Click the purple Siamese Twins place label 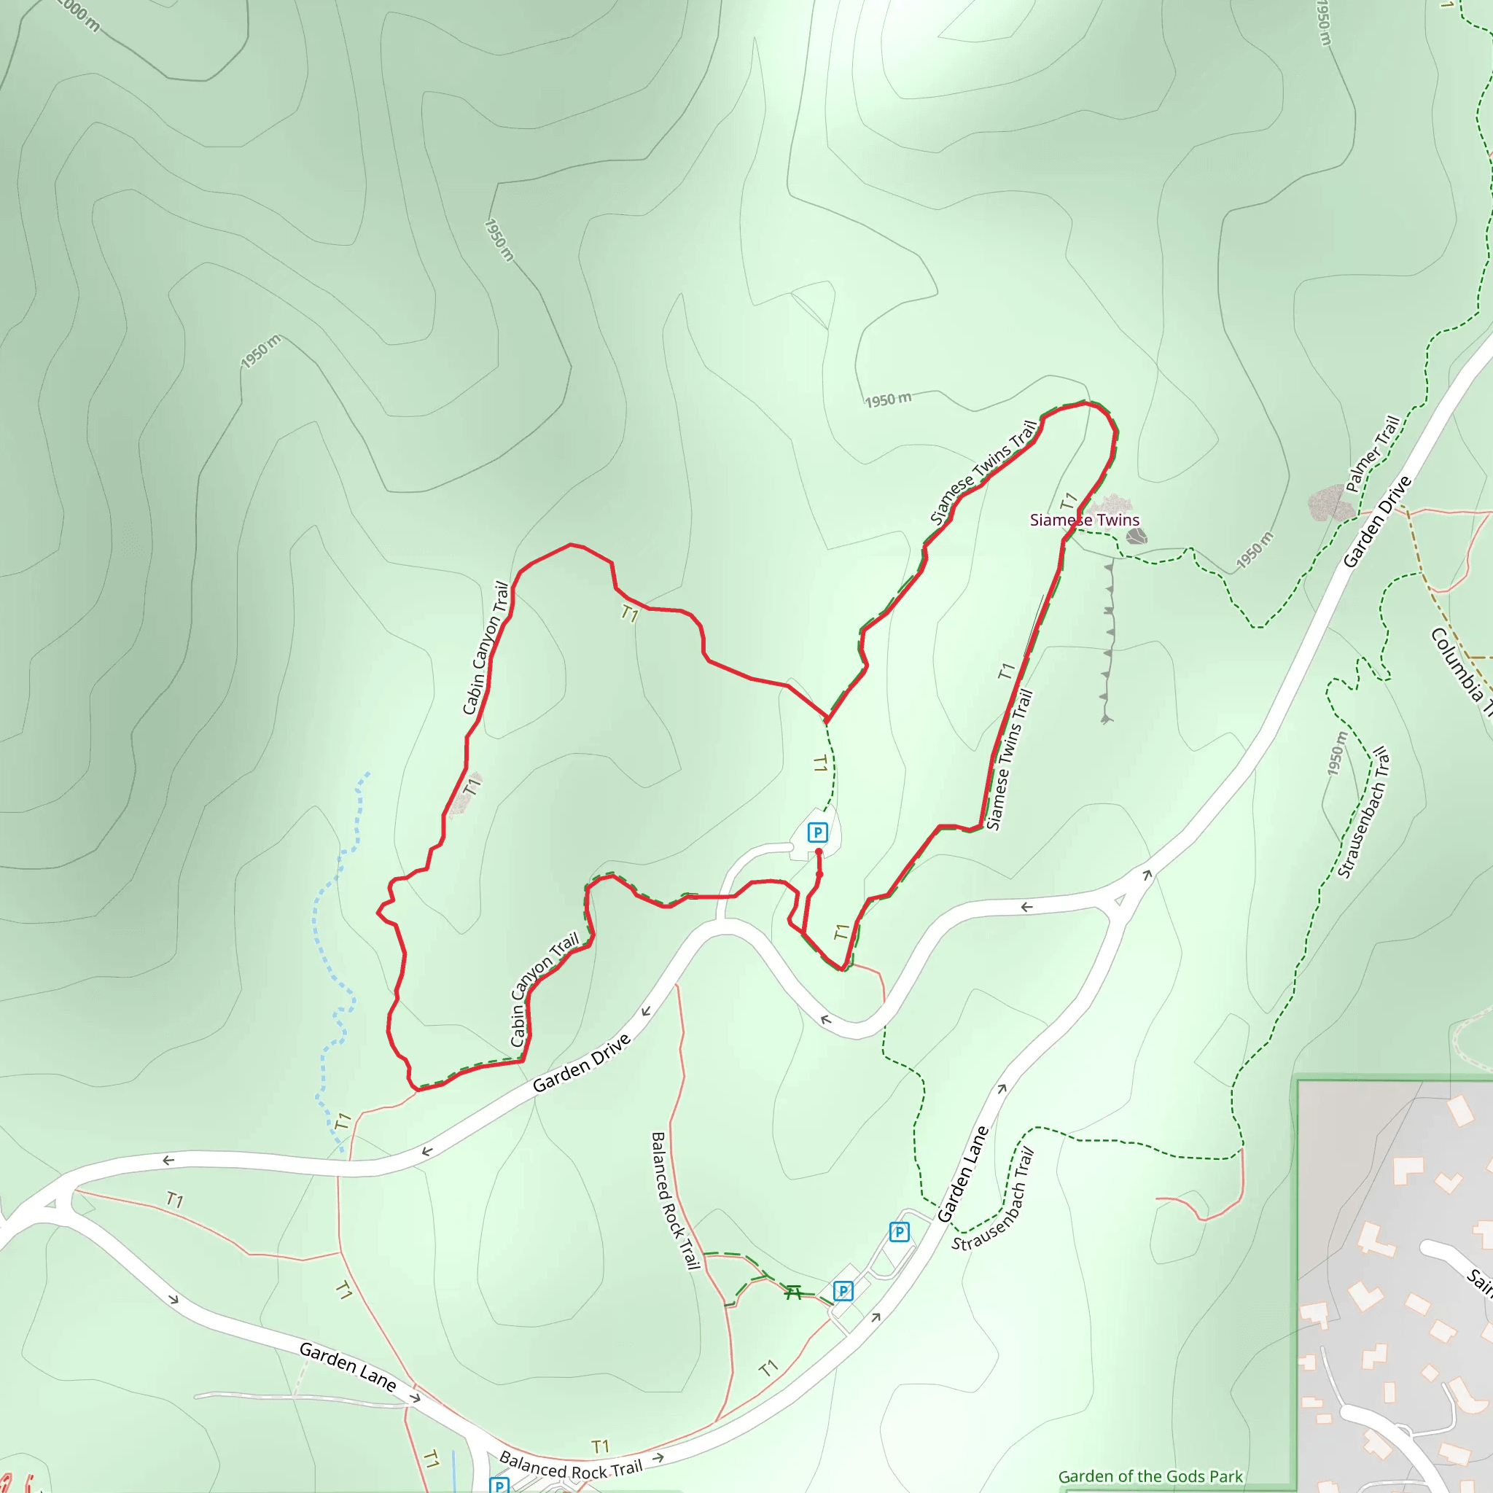[1084, 520]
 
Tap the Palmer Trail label [1373, 454]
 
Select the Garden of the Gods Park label [1150, 1476]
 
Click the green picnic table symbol [793, 1292]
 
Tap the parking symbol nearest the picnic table [843, 1290]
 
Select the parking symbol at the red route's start [818, 833]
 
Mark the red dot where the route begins [819, 851]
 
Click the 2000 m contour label [79, 14]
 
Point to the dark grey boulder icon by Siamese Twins [1136, 536]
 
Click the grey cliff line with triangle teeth [1108, 642]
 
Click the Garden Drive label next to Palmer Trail [1377, 523]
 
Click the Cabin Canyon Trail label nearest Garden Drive [544, 990]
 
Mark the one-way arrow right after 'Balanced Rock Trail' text [658, 1458]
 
